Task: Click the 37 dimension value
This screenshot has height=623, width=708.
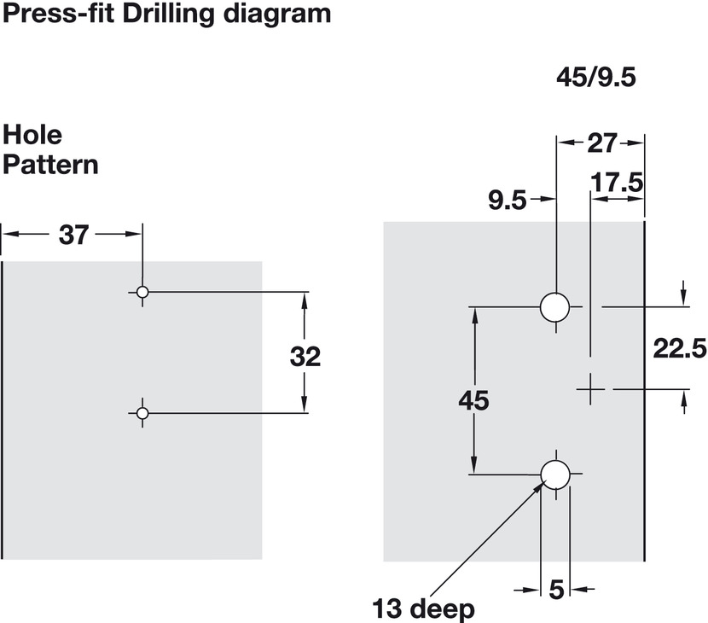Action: pyautogui.click(x=74, y=236)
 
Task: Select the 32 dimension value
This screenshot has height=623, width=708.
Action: pyautogui.click(x=305, y=357)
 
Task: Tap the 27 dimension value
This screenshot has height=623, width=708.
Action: pyautogui.click(x=602, y=143)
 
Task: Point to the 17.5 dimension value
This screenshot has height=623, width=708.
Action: pyautogui.click(x=617, y=183)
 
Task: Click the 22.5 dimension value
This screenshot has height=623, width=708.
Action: pyautogui.click(x=680, y=348)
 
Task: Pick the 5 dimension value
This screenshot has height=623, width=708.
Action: pyautogui.click(x=557, y=590)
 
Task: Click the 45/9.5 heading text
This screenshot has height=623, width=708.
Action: pyautogui.click(x=596, y=78)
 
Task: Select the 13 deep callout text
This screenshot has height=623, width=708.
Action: pyautogui.click(x=424, y=609)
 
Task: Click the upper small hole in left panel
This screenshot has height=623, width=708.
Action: pyautogui.click(x=142, y=293)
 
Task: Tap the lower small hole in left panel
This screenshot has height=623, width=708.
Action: pyautogui.click(x=142, y=413)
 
